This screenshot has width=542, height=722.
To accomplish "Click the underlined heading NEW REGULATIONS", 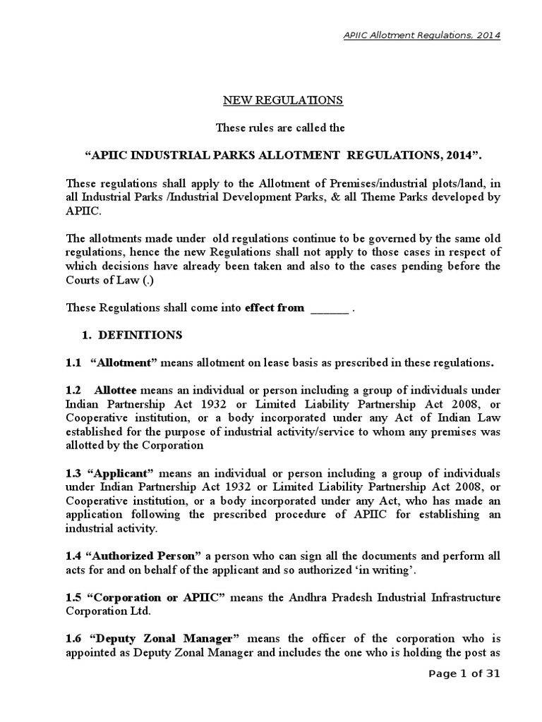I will point(283,100).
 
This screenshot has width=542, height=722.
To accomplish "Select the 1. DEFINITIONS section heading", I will point(135,334).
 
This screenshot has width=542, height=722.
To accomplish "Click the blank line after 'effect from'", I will point(330,307).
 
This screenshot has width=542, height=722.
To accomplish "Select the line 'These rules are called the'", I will point(283,128).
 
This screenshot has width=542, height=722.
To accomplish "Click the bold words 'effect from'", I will point(275,307).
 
